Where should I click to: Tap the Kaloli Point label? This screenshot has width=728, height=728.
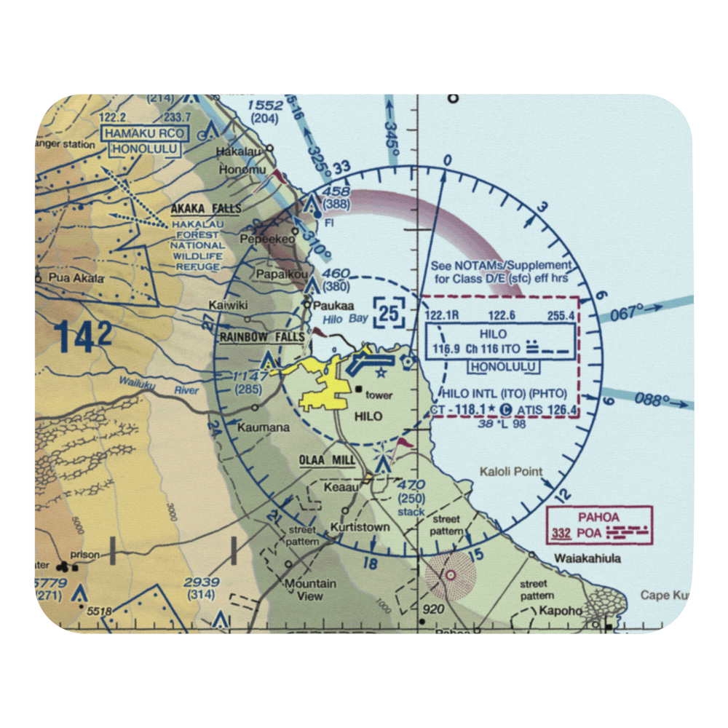[511, 472]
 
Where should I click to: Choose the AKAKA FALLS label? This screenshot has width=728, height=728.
[206, 208]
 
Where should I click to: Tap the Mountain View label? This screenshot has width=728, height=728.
[309, 590]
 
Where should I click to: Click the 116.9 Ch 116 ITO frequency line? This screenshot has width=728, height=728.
[477, 349]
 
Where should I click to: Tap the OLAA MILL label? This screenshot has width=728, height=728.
[327, 461]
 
